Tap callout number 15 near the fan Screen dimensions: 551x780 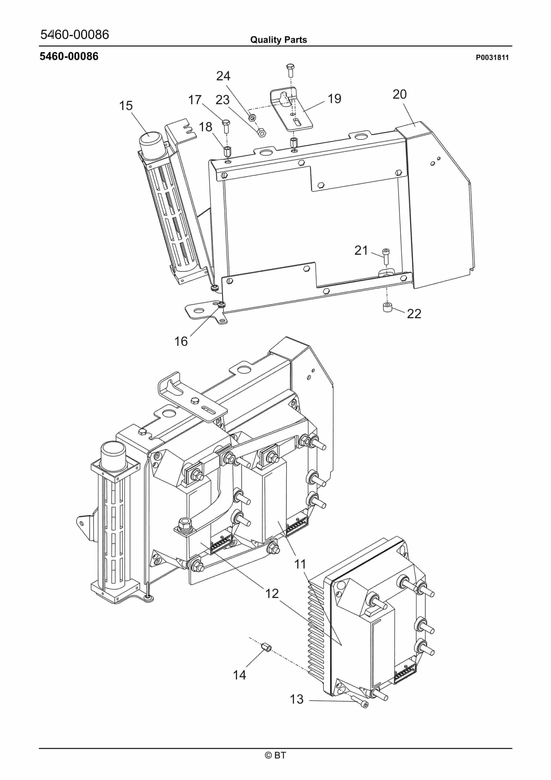click(x=126, y=106)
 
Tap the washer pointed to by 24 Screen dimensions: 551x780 click(x=252, y=118)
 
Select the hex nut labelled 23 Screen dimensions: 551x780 click(x=261, y=132)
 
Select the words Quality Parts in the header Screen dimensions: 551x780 click(x=278, y=40)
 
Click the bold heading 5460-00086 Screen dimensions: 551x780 click(x=69, y=57)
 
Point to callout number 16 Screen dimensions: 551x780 click(x=181, y=341)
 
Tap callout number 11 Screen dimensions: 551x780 click(x=300, y=565)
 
